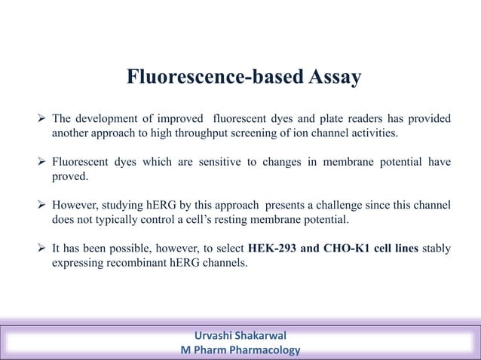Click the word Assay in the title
(x=328, y=78)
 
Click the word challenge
(x=341, y=206)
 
